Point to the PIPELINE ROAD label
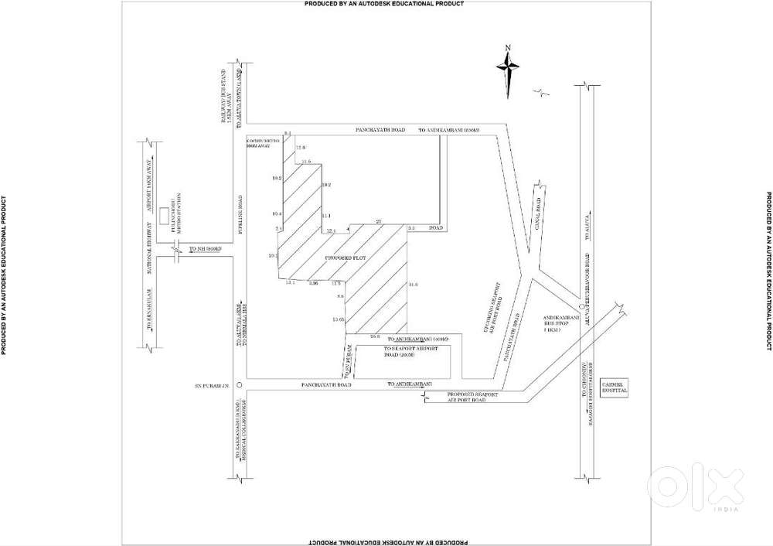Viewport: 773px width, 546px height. pos(240,214)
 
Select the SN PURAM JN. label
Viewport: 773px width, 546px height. pos(213,384)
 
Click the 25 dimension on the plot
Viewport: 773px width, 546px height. pos(378,223)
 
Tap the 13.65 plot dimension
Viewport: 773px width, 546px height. pos(337,319)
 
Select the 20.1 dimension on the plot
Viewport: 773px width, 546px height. pos(272,255)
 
